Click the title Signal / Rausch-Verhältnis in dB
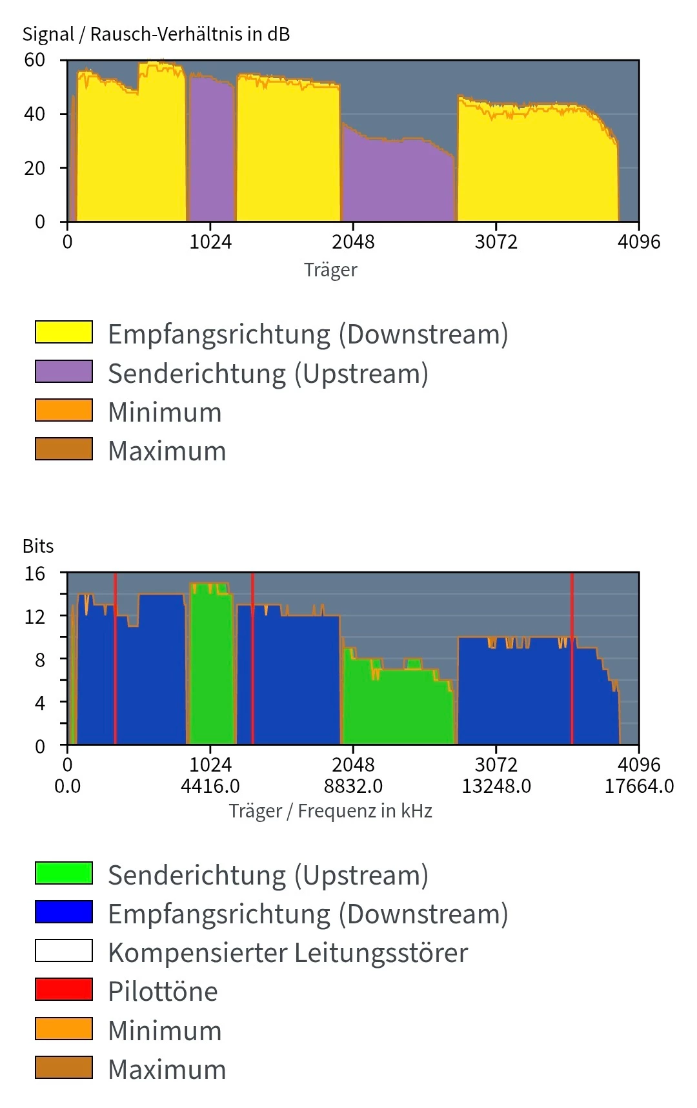tap(156, 34)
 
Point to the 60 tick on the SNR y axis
tap(35, 60)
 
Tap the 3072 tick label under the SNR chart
tap(496, 242)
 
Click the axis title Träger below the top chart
tap(330, 270)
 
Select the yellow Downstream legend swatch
tap(64, 333)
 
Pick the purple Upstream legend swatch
tap(64, 372)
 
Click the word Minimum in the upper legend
tap(165, 412)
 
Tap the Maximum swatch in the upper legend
tap(64, 449)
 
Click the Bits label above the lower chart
tap(38, 546)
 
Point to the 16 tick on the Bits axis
tap(35, 573)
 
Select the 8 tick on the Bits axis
tap(40, 659)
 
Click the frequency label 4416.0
tap(210, 786)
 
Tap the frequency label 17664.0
tap(639, 786)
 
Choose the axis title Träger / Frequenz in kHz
tap(330, 811)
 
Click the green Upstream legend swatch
tap(64, 873)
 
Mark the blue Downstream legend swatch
tap(64, 912)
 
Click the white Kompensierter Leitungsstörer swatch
tap(64, 950)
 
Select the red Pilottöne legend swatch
tap(64, 989)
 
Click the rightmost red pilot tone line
tap(572, 659)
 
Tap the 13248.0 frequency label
tap(496, 786)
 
